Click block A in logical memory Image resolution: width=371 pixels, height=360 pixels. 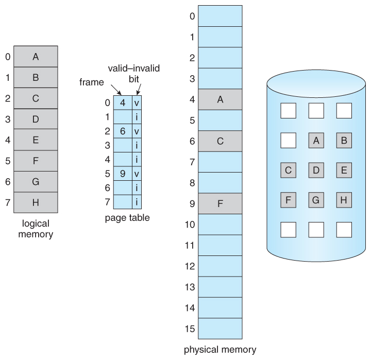point(36,57)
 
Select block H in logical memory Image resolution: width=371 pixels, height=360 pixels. point(36,202)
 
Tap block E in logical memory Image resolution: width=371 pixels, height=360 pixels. point(36,140)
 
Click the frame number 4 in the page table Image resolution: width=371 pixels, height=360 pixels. point(123,102)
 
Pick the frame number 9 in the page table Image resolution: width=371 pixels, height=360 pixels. point(123,174)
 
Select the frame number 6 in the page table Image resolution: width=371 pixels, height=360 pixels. point(123,131)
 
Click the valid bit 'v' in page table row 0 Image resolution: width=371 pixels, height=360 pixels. point(137,102)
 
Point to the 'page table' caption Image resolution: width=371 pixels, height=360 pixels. point(127,218)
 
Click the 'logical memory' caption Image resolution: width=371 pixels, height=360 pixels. point(36,230)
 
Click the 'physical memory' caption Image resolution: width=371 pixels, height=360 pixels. point(220,350)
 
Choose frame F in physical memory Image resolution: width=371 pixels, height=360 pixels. point(220,203)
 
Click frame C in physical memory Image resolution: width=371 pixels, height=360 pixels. point(220,141)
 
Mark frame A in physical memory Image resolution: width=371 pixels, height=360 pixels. point(220,99)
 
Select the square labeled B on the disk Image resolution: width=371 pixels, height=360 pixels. point(344,140)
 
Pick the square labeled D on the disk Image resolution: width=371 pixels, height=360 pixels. point(315,169)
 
